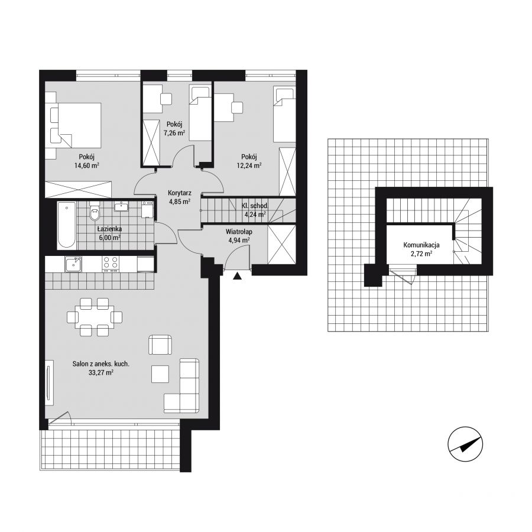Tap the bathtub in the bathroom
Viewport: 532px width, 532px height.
pyautogui.click(x=66, y=225)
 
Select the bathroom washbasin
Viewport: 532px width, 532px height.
pyautogui.click(x=121, y=206)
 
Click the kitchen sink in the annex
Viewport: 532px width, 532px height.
pyautogui.click(x=73, y=264)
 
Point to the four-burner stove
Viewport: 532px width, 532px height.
pyautogui.click(x=111, y=264)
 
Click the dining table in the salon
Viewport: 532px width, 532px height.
pyautogui.click(x=95, y=317)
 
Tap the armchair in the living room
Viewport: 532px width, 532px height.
pyautogui.click(x=160, y=345)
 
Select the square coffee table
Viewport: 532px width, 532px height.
pyautogui.click(x=160, y=374)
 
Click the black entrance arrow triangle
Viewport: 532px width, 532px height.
pyautogui.click(x=238, y=276)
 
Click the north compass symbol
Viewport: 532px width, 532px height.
pyautogui.click(x=465, y=444)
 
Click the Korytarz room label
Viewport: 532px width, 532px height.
pyautogui.click(x=180, y=193)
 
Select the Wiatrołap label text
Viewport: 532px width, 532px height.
pyautogui.click(x=239, y=232)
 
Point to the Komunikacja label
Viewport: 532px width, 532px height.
pyautogui.click(x=421, y=245)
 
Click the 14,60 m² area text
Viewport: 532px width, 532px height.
pyautogui.click(x=86, y=166)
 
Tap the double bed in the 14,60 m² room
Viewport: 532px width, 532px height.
pyautogui.click(x=76, y=125)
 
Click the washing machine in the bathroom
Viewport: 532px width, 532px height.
pyautogui.click(x=147, y=209)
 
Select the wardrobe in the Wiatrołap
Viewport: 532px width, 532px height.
pyautogui.click(x=281, y=244)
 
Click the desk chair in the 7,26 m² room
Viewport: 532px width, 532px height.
pyautogui.click(x=166, y=99)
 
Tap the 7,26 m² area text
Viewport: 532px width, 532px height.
pyautogui.click(x=174, y=132)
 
